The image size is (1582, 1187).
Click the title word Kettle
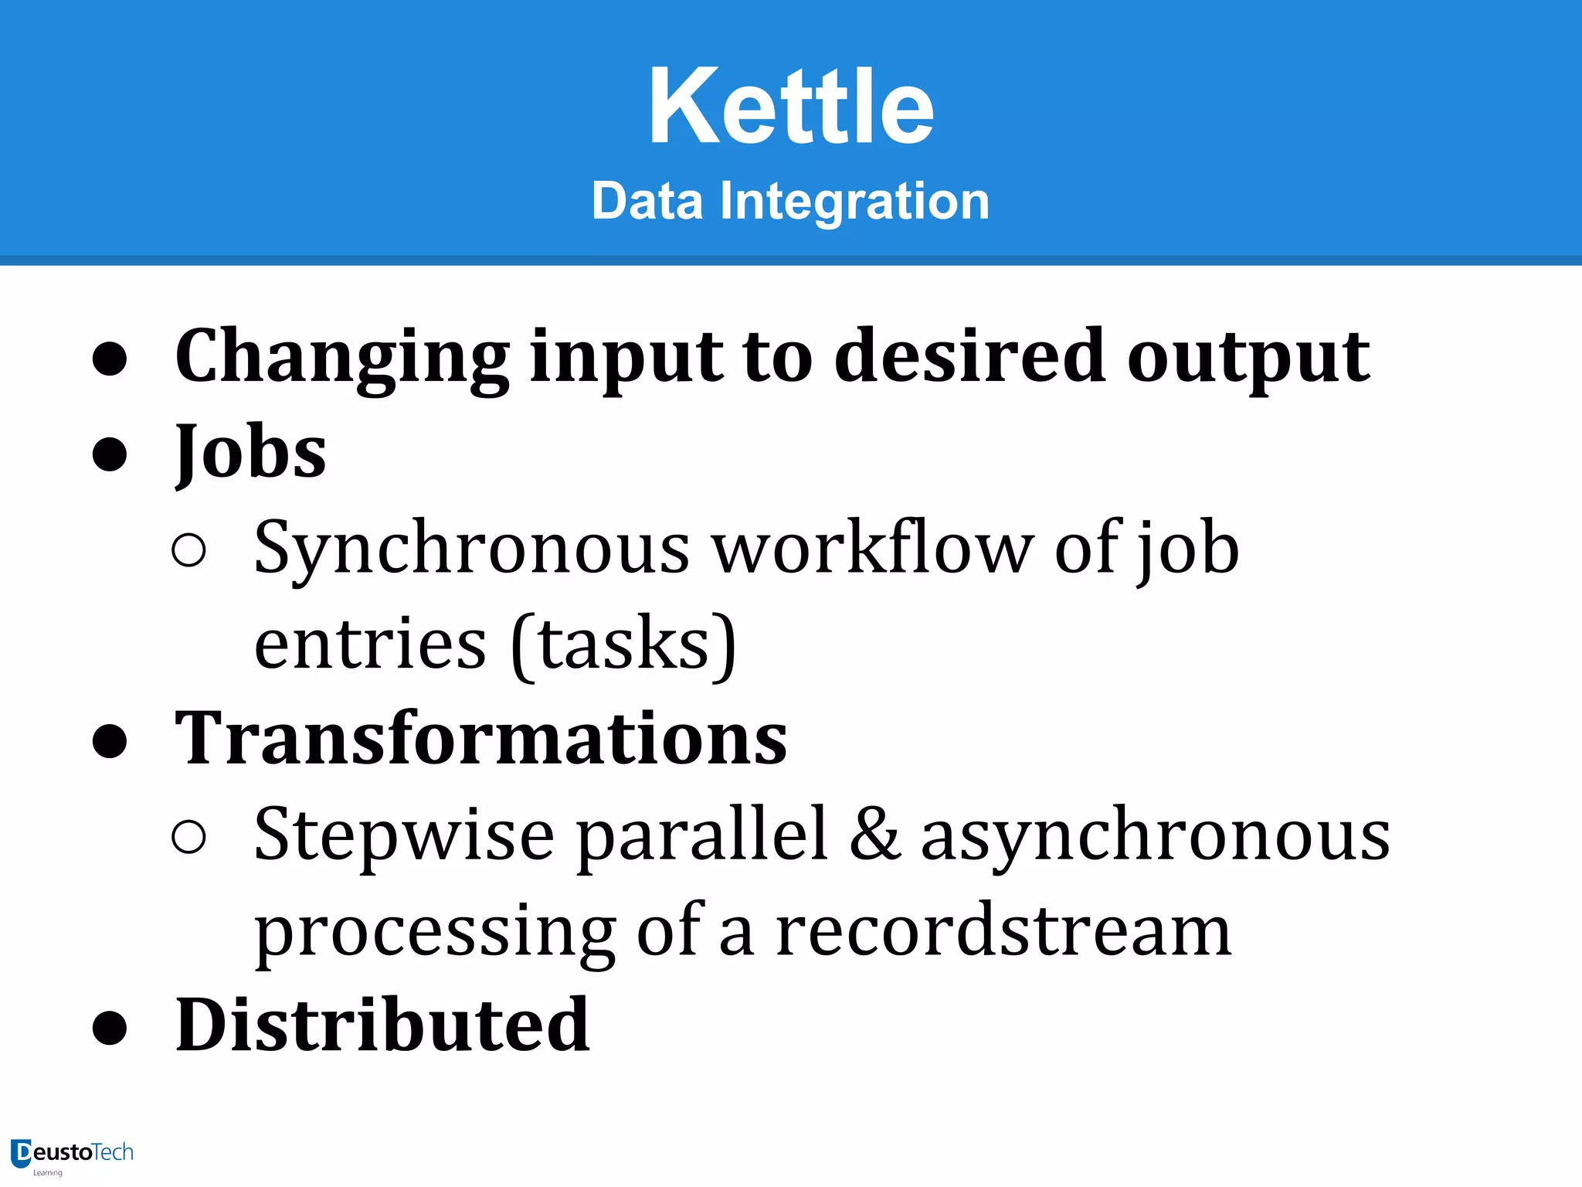tap(791, 107)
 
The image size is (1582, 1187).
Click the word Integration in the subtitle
tap(854, 201)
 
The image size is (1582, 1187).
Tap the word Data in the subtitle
tap(647, 201)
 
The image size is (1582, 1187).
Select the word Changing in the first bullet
tap(341, 357)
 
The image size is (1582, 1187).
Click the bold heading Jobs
tap(250, 453)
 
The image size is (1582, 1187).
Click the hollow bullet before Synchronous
tap(189, 550)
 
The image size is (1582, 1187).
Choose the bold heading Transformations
tap(480, 739)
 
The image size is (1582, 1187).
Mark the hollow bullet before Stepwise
tap(189, 837)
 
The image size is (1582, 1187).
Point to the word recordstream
tap(1003, 931)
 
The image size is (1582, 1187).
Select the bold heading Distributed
tap(382, 1025)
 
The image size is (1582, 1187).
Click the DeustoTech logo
tap(72, 1155)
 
